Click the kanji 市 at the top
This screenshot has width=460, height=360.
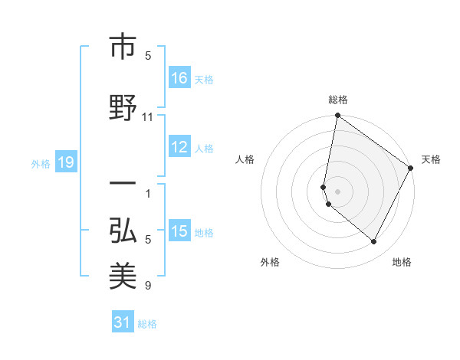tap(123, 48)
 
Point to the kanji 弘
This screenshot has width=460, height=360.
tap(123, 230)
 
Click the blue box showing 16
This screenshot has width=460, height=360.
tap(179, 78)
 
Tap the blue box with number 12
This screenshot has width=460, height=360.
tap(179, 148)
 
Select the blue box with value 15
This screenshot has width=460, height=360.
tap(179, 231)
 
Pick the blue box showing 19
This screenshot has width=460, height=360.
tap(65, 162)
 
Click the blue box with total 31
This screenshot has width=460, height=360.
tap(123, 322)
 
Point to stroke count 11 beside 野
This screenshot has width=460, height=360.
tap(148, 117)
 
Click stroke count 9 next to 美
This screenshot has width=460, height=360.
tap(148, 286)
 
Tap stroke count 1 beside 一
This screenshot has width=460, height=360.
tap(148, 193)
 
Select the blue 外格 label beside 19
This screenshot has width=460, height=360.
tap(40, 163)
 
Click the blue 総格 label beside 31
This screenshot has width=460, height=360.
tap(147, 323)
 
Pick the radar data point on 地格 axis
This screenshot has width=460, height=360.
tap(374, 242)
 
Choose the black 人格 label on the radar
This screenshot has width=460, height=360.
tap(245, 159)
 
